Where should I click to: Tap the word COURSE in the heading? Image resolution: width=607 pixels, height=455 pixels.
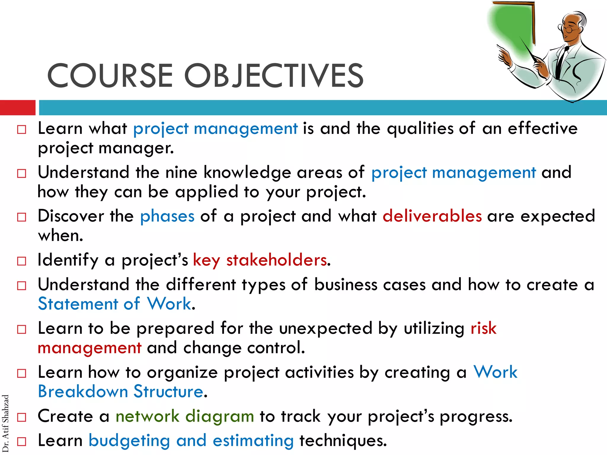110,76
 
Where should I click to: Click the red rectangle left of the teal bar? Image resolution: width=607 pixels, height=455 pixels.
17,108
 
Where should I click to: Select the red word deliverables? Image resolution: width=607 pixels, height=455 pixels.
432,216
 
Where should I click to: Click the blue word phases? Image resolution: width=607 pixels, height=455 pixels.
167,216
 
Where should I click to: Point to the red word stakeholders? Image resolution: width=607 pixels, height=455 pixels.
277,260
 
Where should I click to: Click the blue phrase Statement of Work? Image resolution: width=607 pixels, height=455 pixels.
114,304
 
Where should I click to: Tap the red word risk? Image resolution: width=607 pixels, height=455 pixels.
483,328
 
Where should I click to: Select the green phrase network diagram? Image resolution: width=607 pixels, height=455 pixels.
185,416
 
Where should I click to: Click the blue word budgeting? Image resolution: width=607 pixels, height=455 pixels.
129,440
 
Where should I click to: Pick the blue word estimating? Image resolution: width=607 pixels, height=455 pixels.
253,440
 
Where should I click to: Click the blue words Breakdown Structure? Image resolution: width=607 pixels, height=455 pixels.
120,391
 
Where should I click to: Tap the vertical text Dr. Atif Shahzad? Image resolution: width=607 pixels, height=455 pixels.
5,424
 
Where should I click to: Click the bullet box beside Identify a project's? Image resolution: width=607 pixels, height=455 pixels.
22,261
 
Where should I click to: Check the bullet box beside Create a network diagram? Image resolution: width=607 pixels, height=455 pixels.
22,417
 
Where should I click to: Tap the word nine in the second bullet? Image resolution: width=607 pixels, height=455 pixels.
181,172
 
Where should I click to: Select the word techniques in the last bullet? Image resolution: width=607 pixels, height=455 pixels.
343,440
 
